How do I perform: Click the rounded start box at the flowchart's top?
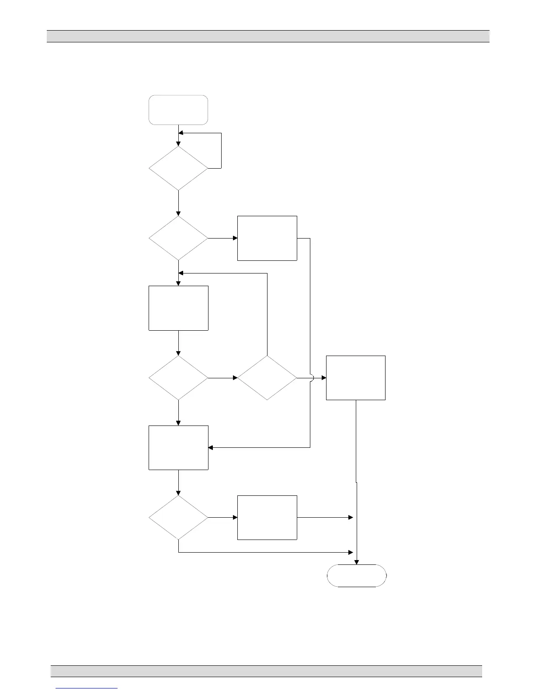click(178, 110)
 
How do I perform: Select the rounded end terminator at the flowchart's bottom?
click(357, 575)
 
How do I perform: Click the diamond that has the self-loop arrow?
click(178, 168)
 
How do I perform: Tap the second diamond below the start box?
click(178, 238)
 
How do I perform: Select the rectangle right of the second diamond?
click(267, 238)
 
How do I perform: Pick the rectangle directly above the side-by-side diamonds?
click(178, 308)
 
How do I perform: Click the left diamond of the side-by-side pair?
click(178, 378)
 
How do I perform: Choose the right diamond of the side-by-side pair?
click(267, 378)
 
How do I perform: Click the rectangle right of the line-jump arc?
click(356, 378)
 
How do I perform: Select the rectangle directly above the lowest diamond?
click(178, 448)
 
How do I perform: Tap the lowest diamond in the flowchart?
click(178, 518)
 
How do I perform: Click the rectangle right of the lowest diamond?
click(267, 518)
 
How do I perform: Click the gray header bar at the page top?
click(268, 36)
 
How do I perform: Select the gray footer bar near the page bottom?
click(266, 671)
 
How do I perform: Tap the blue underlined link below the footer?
click(87, 688)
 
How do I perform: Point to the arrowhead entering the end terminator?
click(357, 562)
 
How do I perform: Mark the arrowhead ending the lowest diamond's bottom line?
click(351, 553)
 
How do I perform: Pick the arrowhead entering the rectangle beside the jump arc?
click(324, 378)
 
